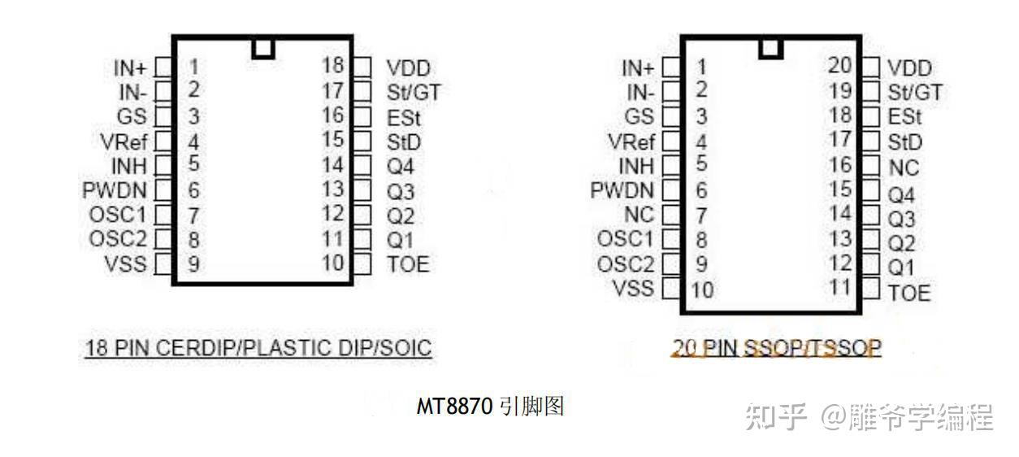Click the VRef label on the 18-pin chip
coord(124,142)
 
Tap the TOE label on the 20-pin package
coord(909,293)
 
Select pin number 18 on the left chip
coord(333,65)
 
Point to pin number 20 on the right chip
coord(839,65)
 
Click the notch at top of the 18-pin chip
coord(263,48)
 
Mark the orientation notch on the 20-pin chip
coord(770,48)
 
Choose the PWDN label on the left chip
coord(115,190)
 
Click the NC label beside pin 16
coord(904,168)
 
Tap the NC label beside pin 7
coord(640,215)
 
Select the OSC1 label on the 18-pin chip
coord(119,215)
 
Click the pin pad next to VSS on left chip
coord(163,264)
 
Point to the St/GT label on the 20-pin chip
coord(915,93)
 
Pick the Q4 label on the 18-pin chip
coord(401,166)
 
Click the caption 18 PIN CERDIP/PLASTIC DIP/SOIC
coord(258,348)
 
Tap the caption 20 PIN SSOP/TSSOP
coord(777,348)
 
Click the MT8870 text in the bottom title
coord(454,406)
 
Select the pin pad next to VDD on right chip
coord(871,67)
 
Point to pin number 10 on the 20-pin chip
coord(702,290)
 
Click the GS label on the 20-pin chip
coord(640,116)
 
